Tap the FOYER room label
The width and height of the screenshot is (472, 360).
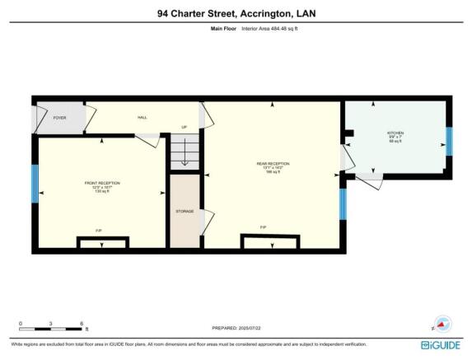click(x=59, y=118)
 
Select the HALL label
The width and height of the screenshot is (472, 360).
click(x=142, y=118)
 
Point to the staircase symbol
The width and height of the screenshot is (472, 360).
click(x=185, y=152)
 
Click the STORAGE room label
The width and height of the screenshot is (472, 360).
click(x=185, y=212)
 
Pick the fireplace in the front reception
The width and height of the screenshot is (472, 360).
click(x=102, y=242)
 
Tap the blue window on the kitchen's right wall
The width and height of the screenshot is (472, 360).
click(x=449, y=140)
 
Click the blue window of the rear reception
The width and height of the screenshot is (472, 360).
click(x=343, y=203)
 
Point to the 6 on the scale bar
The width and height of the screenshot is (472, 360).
click(x=82, y=323)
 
